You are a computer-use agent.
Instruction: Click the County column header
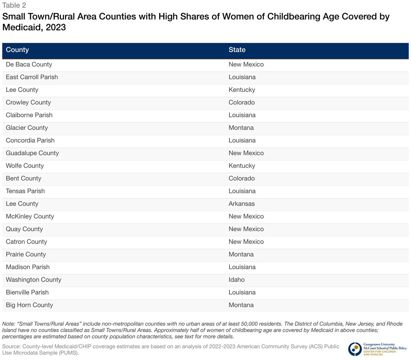[x=17, y=50]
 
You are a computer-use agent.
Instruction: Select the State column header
[x=237, y=50]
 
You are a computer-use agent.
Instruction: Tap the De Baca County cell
[x=29, y=64]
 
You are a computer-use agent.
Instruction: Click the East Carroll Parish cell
[x=32, y=77]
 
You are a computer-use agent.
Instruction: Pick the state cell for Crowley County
[x=241, y=103]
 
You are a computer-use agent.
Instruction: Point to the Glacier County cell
[x=27, y=128]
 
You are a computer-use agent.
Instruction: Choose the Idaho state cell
[x=237, y=280]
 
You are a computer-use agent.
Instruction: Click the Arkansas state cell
[x=241, y=204]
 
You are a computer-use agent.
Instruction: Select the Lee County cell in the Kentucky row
[x=22, y=90]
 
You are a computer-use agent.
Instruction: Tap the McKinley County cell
[x=30, y=216]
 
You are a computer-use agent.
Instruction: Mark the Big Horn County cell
[x=29, y=305]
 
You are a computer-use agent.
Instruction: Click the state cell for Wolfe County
[x=242, y=166]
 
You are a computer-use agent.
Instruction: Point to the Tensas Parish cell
[x=25, y=191]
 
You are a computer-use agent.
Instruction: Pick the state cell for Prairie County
[x=241, y=254]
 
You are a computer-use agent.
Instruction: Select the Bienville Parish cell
[x=27, y=292]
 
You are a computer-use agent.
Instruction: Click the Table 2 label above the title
[x=14, y=5]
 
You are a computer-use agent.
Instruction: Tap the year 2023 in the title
[x=55, y=27]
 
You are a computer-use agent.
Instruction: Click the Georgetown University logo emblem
[x=355, y=349]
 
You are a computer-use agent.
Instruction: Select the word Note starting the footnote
[x=9, y=324]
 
